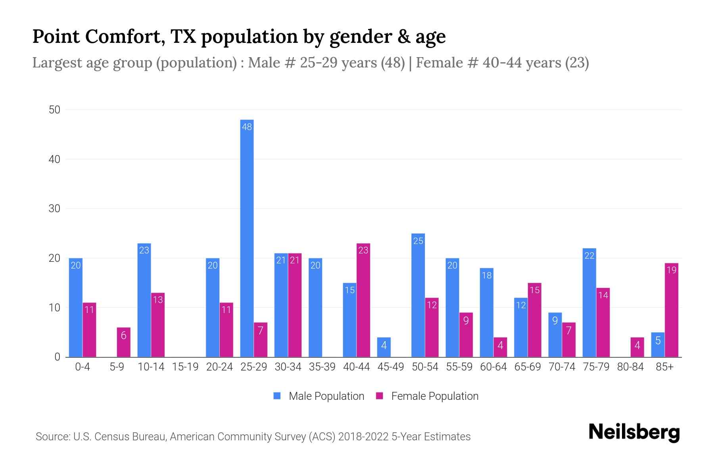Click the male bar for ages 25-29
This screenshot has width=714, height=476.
[247, 238]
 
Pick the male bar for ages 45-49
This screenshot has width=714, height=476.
[384, 347]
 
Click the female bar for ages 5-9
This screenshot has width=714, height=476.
[123, 342]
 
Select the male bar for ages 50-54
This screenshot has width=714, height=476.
[418, 296]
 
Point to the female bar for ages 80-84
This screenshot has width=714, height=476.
[637, 347]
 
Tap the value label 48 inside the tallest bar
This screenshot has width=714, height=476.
[247, 127]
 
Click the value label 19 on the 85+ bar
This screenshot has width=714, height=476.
[672, 270]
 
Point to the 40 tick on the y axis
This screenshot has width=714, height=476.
[54, 159]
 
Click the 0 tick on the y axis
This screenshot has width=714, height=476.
[57, 357]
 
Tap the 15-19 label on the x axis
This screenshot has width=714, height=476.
[185, 367]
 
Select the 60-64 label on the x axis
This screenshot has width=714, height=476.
[493, 367]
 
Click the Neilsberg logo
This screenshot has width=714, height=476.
[634, 432]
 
